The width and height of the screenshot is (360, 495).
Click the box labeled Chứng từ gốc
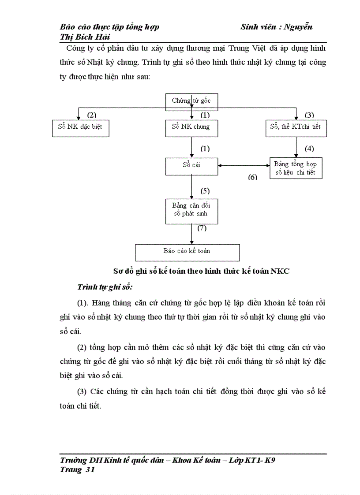(191, 100)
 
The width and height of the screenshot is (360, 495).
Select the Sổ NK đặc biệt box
(80, 127)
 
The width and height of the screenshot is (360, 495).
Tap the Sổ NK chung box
(191, 127)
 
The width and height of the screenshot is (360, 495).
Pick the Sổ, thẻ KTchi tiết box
(295, 127)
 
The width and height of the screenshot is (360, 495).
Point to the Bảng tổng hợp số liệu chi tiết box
(296, 168)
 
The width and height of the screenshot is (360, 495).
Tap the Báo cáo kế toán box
(187, 251)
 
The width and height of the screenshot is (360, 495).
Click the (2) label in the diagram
(91, 115)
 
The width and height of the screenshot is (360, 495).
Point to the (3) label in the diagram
(309, 115)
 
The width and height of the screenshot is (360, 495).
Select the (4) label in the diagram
(309, 149)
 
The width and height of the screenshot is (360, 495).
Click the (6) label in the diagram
(252, 177)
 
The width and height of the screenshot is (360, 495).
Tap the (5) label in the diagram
(205, 191)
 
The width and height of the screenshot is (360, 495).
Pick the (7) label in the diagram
(202, 228)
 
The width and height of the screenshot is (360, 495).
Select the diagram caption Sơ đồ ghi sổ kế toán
(201, 271)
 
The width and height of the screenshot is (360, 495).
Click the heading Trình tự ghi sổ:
(105, 287)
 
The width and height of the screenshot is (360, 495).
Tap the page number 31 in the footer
(90, 470)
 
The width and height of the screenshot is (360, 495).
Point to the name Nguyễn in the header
(298, 27)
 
